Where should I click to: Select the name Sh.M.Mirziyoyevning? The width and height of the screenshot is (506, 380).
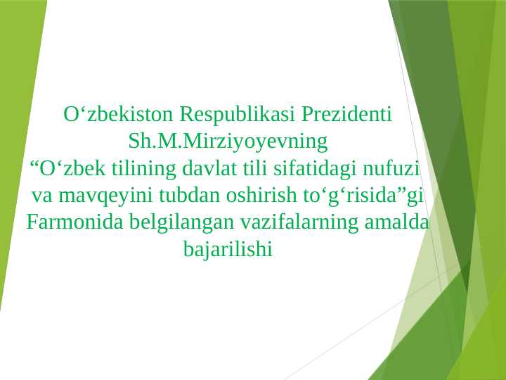coord(228,141)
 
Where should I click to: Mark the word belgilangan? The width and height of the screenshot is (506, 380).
coord(182,223)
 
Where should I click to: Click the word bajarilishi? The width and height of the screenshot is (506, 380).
coord(227,249)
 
